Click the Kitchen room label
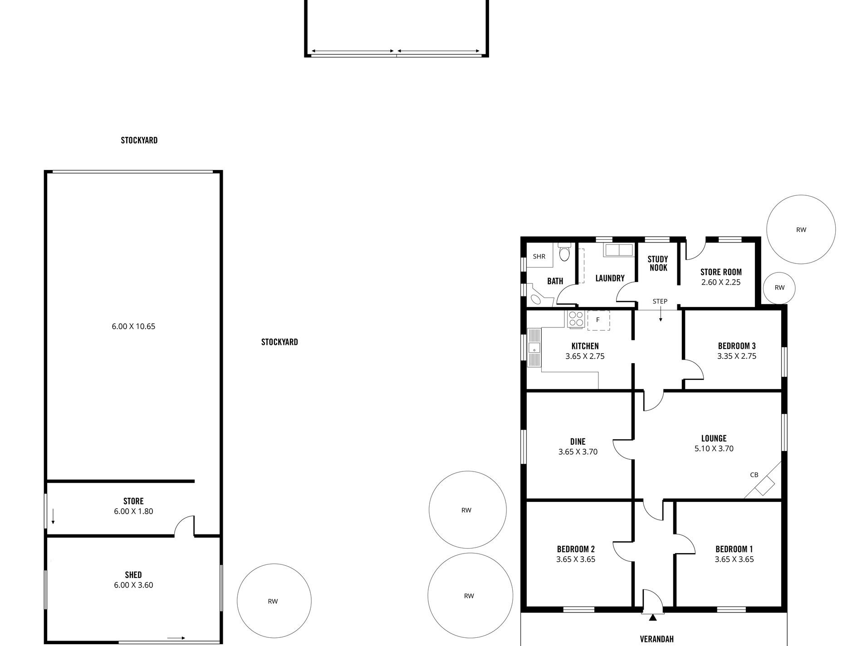tap(585, 346)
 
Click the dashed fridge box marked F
tap(598, 320)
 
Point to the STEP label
tap(660, 301)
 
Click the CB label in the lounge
tap(754, 475)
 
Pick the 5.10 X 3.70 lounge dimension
tap(714, 448)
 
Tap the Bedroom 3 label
tap(737, 346)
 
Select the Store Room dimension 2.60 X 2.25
tap(721, 282)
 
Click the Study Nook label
tap(658, 263)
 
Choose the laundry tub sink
tap(618, 250)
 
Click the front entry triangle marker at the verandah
tap(652, 617)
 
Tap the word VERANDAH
tap(656, 639)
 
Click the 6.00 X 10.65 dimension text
tap(133, 326)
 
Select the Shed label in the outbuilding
tap(133, 575)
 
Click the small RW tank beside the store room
tap(779, 288)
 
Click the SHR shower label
tap(539, 257)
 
